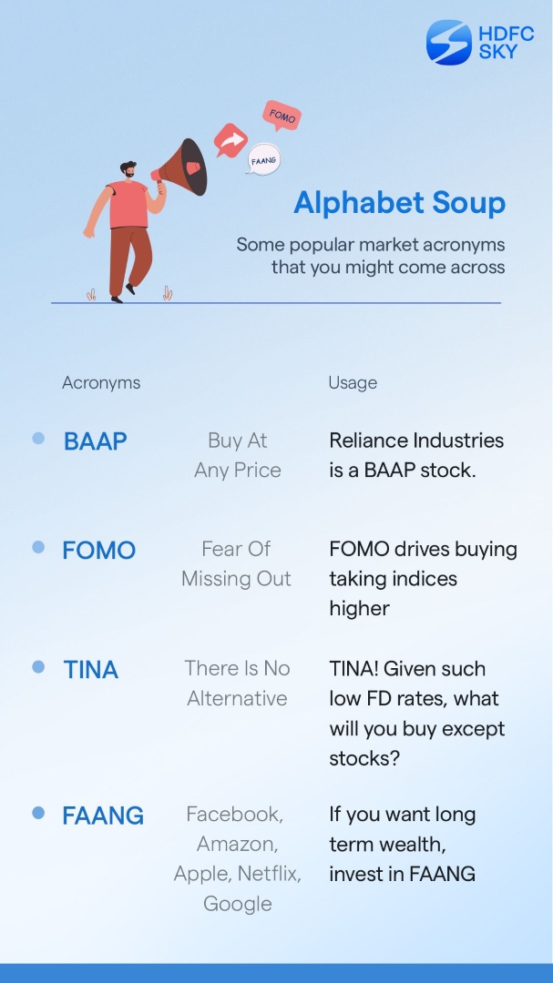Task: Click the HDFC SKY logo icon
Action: [448, 43]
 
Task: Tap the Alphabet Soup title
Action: [399, 203]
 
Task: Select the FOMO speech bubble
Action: [282, 117]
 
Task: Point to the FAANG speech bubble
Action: [263, 160]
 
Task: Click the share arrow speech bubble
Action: [230, 141]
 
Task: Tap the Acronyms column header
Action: [101, 383]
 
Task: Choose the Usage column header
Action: [353, 383]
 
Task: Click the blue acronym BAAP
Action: [96, 441]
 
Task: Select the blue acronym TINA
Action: [91, 670]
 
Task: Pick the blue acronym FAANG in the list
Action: [103, 816]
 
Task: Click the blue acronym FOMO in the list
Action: [98, 551]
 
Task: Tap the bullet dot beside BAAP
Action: [38, 439]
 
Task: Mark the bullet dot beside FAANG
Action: [38, 813]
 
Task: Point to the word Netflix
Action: [269, 874]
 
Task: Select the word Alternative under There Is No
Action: [237, 699]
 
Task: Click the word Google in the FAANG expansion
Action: [237, 904]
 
